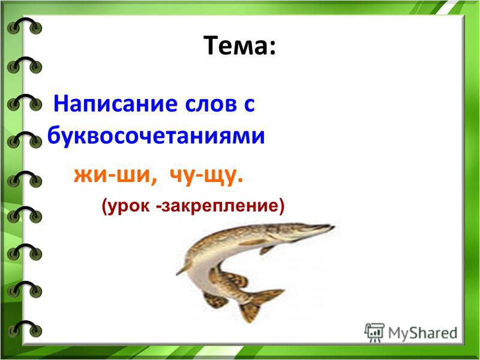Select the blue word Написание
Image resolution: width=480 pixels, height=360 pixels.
pyautogui.click(x=115, y=104)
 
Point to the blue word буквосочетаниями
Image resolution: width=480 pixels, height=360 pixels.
pyautogui.click(x=156, y=135)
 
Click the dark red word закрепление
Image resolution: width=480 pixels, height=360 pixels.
pyautogui.click(x=220, y=206)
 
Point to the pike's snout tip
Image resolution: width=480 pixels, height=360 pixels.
pyautogui.click(x=333, y=227)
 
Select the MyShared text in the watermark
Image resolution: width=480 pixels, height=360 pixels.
pyautogui.click(x=422, y=333)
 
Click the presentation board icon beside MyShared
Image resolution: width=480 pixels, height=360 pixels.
pyautogui.click(x=374, y=333)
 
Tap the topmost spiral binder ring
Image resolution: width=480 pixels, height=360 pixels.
pyautogui.click(x=24, y=26)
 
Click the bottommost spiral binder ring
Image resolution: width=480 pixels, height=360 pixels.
pyautogui.click(x=24, y=328)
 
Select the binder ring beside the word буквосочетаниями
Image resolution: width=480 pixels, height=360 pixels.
pyautogui.click(x=24, y=140)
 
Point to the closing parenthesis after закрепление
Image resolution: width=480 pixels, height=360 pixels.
pyautogui.click(x=281, y=206)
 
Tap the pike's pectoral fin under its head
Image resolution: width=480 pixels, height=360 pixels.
pyautogui.click(x=267, y=249)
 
